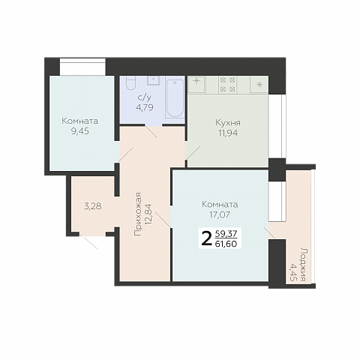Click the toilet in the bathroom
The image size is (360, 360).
[x=130, y=82]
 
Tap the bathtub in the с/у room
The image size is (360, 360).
[x=175, y=98]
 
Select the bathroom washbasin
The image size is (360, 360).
[x=154, y=80]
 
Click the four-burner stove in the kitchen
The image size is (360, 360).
[x=228, y=85]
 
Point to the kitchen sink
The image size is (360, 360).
[x=197, y=85]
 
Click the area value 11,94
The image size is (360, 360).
[x=228, y=133]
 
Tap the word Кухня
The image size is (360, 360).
[x=228, y=123]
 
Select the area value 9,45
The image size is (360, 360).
[x=80, y=131]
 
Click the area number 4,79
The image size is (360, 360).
[x=145, y=107]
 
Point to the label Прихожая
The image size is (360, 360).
[x=138, y=214]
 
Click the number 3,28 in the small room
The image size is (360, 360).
[x=93, y=206]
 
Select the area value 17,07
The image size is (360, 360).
[x=220, y=214]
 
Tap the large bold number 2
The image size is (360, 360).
[x=206, y=238]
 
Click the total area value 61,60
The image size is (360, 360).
[x=226, y=244]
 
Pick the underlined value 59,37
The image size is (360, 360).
[x=226, y=234]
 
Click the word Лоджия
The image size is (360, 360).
[x=304, y=265]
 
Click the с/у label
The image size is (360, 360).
[x=145, y=97]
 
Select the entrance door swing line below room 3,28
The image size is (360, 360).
[x=88, y=241]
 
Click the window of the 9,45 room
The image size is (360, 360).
[x=82, y=67]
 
